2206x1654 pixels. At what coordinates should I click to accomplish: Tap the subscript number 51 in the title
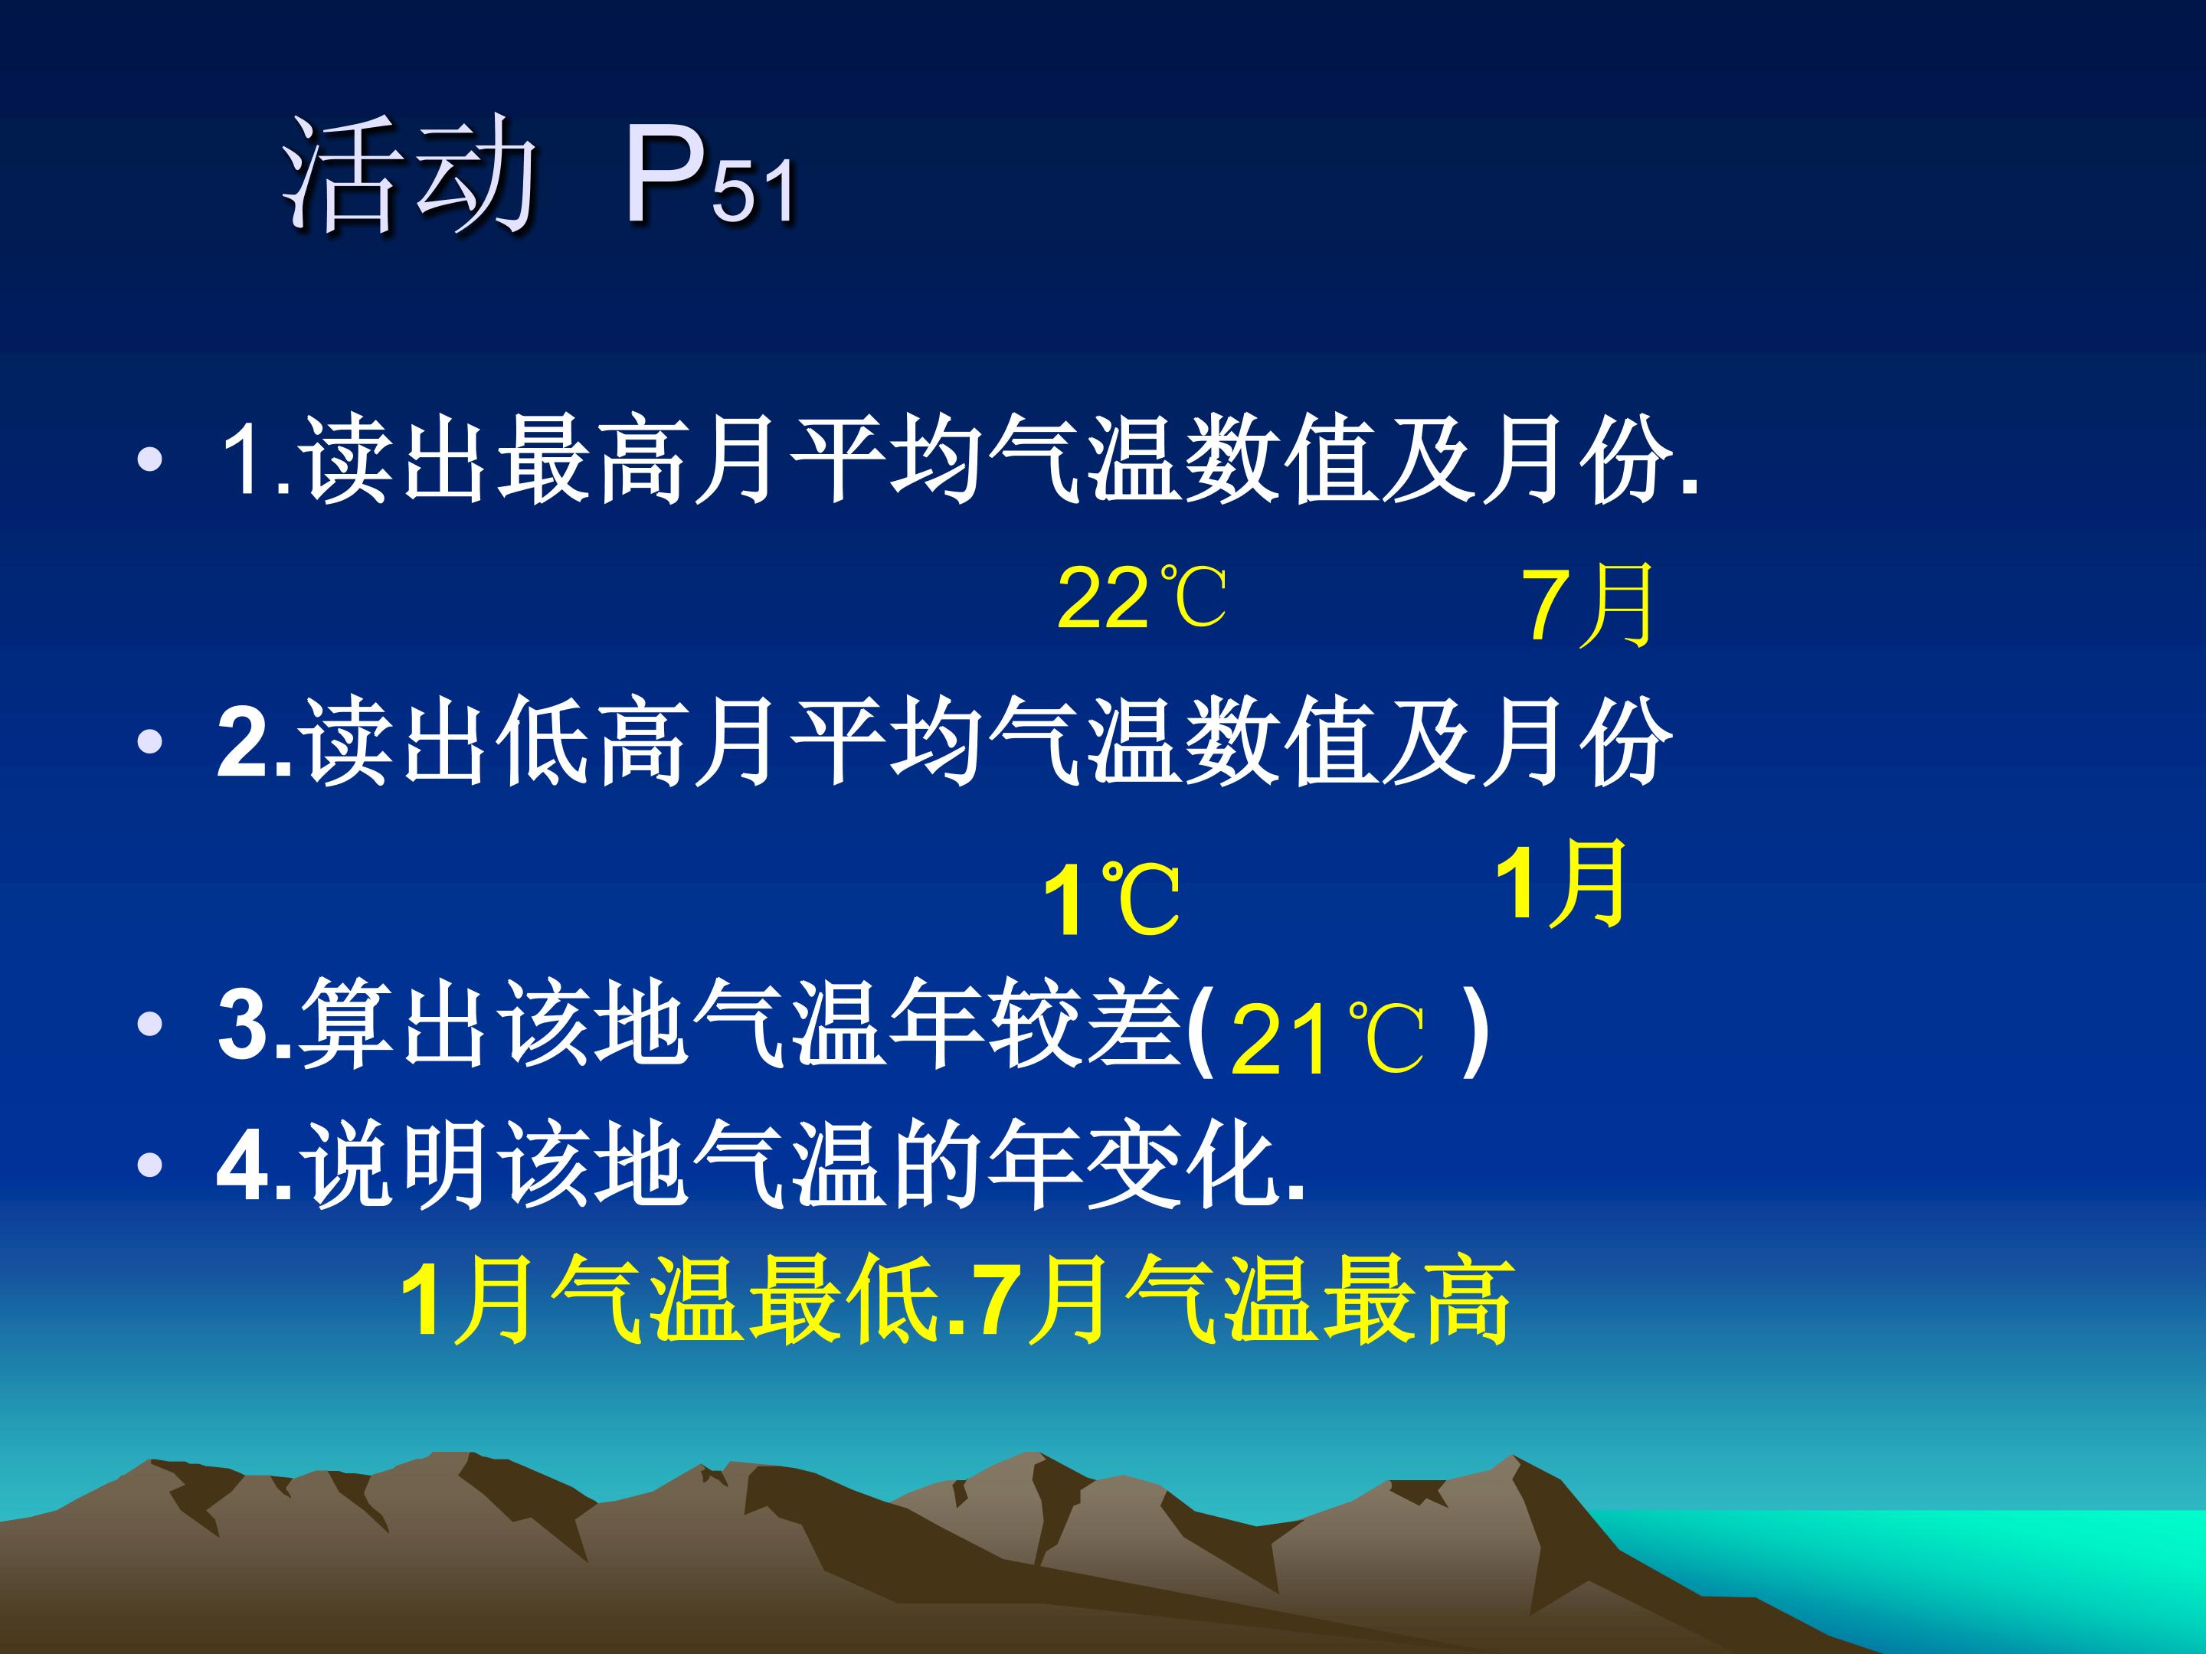pyautogui.click(x=754, y=191)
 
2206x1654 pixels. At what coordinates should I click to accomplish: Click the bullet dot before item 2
pyautogui.click(x=149, y=742)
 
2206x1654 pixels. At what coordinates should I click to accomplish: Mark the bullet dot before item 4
pyautogui.click(x=149, y=1165)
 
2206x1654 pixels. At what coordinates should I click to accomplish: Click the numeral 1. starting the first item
pyautogui.click(x=255, y=459)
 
